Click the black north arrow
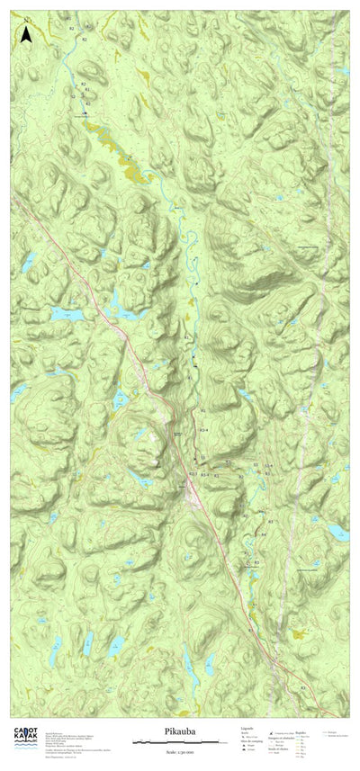pyautogui.click(x=27, y=34)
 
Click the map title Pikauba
pyautogui.click(x=180, y=734)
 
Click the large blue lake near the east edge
pyautogui.click(x=337, y=533)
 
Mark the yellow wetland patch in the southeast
pyautogui.click(x=297, y=634)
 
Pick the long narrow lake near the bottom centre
pyautogui.click(x=190, y=667)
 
